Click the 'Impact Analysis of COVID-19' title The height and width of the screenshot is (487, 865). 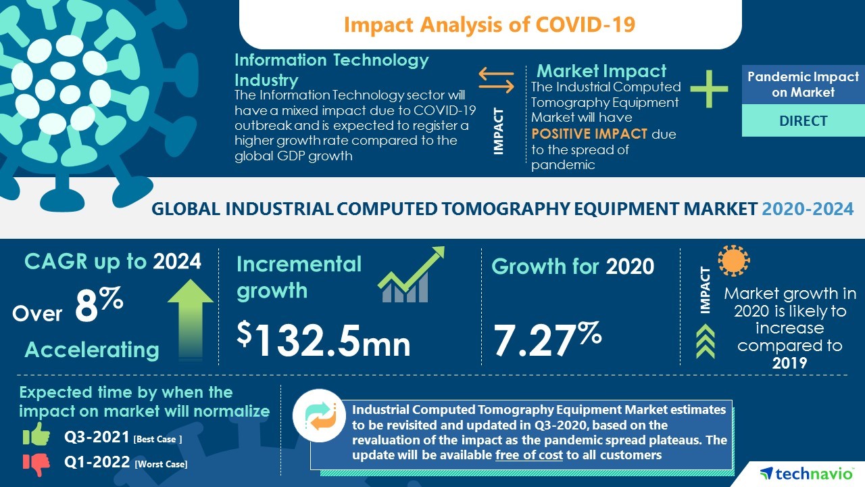[x=489, y=24]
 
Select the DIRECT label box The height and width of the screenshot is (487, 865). [x=803, y=121]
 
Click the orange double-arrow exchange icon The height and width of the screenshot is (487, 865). [x=496, y=79]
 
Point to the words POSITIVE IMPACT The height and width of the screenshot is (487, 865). [x=589, y=134]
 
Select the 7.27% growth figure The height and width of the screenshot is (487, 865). [x=547, y=338]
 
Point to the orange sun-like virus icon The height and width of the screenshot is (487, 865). [x=734, y=260]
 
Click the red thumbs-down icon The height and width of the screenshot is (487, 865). [x=36, y=463]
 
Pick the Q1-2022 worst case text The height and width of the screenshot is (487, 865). [x=126, y=463]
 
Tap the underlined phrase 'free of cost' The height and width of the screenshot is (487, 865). [x=528, y=455]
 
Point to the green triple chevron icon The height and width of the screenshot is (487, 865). [x=705, y=342]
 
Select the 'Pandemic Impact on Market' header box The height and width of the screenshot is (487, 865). [x=803, y=85]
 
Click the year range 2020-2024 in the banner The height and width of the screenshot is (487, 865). [x=808, y=209]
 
